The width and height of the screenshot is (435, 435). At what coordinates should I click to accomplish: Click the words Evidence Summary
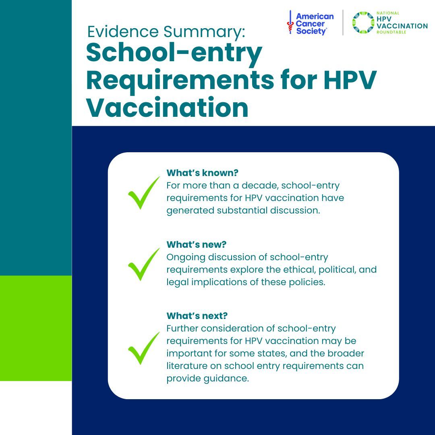click(166, 31)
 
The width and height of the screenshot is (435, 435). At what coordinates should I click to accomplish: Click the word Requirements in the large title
click(179, 80)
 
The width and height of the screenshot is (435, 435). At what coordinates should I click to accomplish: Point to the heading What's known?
click(202, 173)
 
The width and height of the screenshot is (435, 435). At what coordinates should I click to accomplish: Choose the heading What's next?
click(197, 315)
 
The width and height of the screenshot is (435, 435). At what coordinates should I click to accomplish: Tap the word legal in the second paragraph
click(177, 282)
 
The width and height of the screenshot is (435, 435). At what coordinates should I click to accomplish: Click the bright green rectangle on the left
click(36, 328)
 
